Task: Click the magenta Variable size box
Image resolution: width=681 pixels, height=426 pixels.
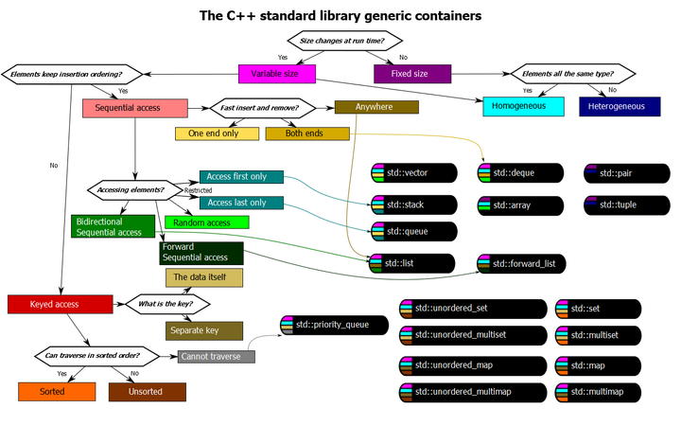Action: pyautogui.click(x=276, y=73)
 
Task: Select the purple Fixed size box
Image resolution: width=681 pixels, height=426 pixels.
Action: pyautogui.click(x=411, y=73)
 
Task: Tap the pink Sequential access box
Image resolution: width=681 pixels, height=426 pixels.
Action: pyautogui.click(x=134, y=108)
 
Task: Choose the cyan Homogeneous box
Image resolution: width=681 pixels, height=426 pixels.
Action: pyautogui.click(x=524, y=106)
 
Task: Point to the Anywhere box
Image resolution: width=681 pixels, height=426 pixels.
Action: pyautogui.click(x=375, y=107)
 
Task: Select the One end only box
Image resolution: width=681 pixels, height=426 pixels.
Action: pyautogui.click(x=216, y=133)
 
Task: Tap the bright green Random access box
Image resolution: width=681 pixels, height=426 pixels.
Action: pyautogui.click(x=207, y=223)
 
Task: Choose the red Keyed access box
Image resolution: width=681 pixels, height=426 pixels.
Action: pyautogui.click(x=60, y=304)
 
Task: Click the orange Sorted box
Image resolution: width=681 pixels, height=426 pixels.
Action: pyautogui.click(x=56, y=391)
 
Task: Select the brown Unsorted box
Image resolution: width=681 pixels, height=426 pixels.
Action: pyautogui.click(x=147, y=391)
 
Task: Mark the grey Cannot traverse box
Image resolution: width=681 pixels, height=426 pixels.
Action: pyautogui.click(x=217, y=357)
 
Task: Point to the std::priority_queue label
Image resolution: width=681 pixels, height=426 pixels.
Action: pyautogui.click(x=331, y=325)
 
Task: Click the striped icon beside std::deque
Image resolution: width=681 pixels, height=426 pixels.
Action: pyautogui.click(x=484, y=173)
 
